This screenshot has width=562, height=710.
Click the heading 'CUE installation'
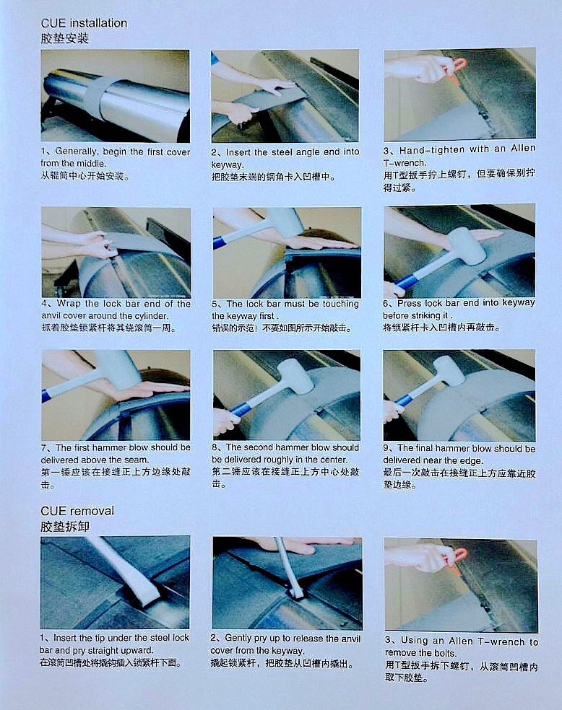84,23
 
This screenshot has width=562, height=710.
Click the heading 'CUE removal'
77,511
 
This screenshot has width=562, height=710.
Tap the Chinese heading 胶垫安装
64,38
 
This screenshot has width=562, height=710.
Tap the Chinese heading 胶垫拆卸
64,526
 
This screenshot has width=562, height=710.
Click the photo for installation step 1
116,95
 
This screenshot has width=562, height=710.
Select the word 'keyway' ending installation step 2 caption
227,164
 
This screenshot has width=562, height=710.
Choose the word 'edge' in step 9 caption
480,460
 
